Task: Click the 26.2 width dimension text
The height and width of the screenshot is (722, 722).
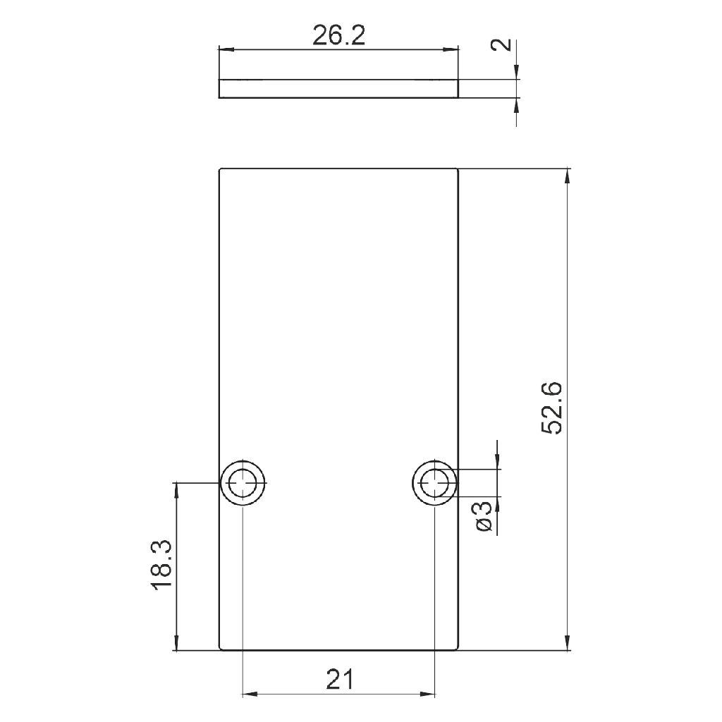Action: coord(339,35)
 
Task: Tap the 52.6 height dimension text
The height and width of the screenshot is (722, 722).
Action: coord(551,408)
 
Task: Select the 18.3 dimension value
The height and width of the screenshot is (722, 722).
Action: coord(161,565)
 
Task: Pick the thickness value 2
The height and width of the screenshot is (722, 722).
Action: coord(502,44)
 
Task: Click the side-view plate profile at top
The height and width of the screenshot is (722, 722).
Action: coord(338,88)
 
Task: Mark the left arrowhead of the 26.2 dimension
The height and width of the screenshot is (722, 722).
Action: coord(226,49)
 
